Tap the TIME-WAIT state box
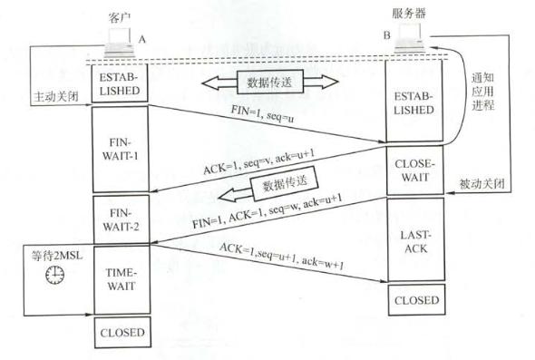(120, 277)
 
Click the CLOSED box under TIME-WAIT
(120, 333)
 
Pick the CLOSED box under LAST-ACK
(417, 299)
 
